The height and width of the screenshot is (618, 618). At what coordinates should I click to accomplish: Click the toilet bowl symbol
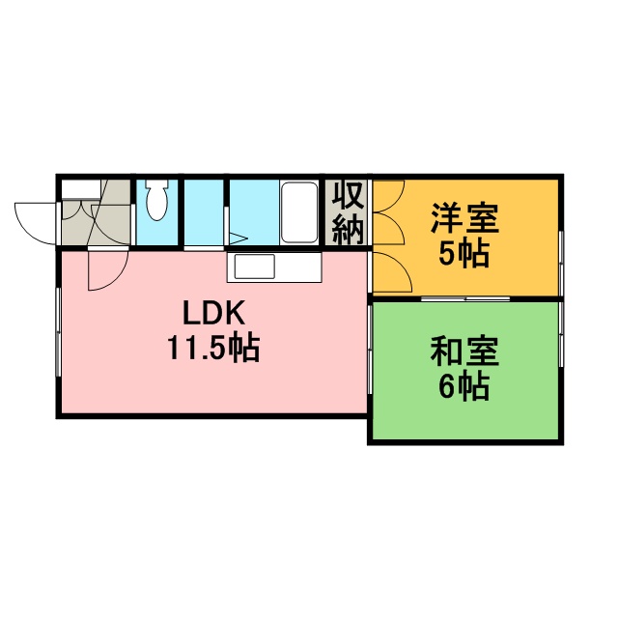click(x=156, y=200)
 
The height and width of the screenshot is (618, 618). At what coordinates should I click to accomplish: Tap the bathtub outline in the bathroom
click(x=299, y=212)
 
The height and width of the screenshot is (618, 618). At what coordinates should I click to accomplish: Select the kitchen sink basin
click(x=255, y=267)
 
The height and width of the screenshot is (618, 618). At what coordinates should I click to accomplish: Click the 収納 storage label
click(x=347, y=213)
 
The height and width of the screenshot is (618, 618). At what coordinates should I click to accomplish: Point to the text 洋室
click(x=465, y=218)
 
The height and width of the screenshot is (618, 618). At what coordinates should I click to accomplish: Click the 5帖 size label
click(x=464, y=253)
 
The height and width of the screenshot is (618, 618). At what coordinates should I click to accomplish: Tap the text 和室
click(x=465, y=351)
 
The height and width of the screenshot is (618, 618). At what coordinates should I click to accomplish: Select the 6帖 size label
click(x=464, y=385)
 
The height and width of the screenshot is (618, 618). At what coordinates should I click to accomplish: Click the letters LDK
click(x=214, y=313)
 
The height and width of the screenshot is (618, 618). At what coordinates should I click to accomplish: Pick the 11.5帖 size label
click(x=214, y=348)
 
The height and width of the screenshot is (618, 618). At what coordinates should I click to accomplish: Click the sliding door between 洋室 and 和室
click(x=465, y=298)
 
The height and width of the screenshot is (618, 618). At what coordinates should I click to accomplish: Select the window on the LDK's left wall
click(x=58, y=332)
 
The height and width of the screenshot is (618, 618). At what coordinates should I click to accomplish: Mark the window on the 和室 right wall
click(x=561, y=334)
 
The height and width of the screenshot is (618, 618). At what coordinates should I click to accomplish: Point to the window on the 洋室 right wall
click(x=561, y=264)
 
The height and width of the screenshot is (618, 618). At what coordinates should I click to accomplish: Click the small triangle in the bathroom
click(x=239, y=239)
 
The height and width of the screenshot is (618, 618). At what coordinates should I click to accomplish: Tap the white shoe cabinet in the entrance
click(x=81, y=189)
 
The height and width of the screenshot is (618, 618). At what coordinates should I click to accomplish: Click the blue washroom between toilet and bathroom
click(x=204, y=212)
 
